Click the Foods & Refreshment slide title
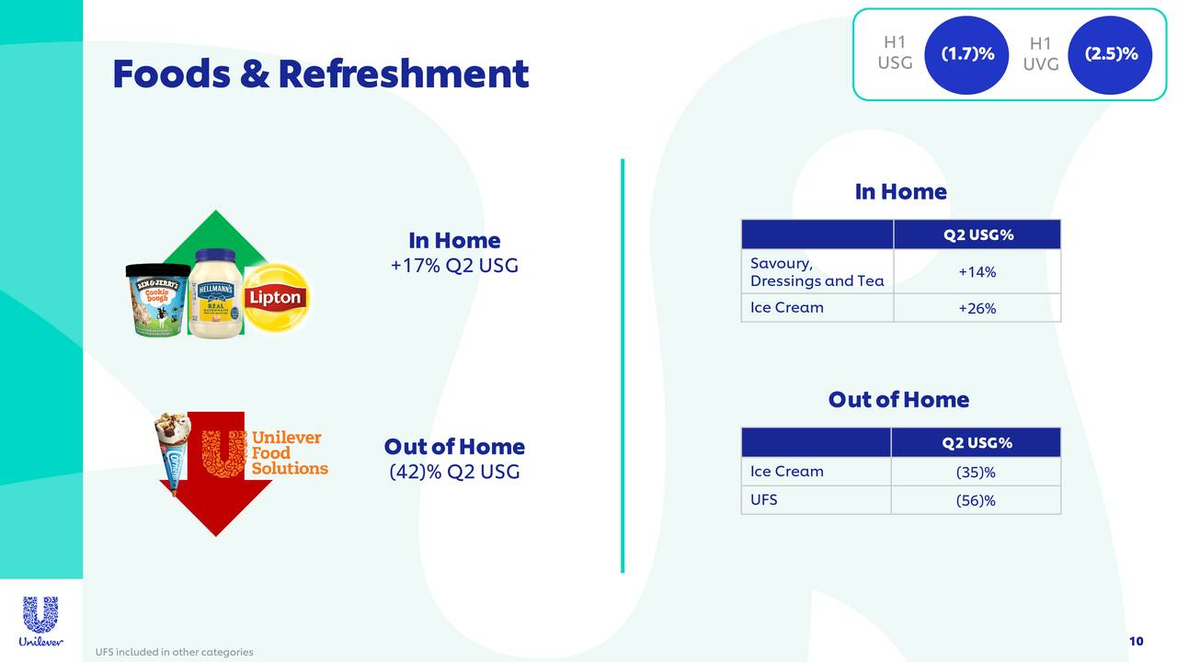point(320,74)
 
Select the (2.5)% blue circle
point(1112,54)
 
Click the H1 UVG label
point(1040,54)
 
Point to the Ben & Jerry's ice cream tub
point(157,301)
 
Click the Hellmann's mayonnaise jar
point(217,294)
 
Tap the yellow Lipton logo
point(276,297)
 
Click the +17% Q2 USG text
point(454,267)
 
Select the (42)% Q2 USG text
point(454,472)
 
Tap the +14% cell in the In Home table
point(977,272)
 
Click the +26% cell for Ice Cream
point(977,309)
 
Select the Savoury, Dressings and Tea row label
point(817,272)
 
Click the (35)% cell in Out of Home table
point(976,473)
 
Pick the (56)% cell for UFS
point(976,501)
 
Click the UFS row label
point(764,499)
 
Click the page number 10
point(1136,641)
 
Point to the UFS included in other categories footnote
point(174,652)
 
